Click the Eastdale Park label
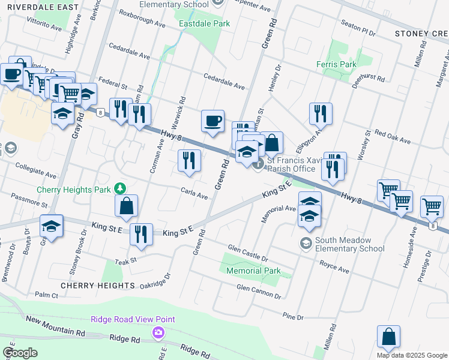pos(205,24)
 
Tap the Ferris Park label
pos(336,64)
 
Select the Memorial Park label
pos(253,271)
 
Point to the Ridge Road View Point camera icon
pos(158,332)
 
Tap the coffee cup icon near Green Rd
pos(212,121)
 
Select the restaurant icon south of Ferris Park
pos(319,113)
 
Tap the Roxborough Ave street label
pos(142,20)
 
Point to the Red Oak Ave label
pos(392,136)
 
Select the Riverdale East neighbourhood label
pos(40,7)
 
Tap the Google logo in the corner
pos(20,353)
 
